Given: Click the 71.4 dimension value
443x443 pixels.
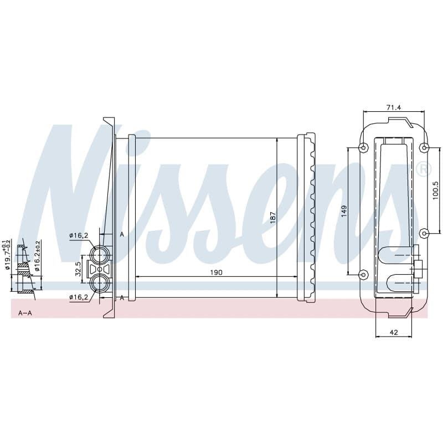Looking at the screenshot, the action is point(394,107).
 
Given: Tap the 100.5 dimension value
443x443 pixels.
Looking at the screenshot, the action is point(435,190).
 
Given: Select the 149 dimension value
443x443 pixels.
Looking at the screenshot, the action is point(344,211).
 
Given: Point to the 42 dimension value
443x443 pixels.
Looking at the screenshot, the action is point(394,333).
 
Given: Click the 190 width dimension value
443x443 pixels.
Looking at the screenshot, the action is point(216,272).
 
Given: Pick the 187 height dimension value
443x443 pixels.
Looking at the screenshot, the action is point(272,218).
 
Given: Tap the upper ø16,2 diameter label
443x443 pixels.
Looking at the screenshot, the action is point(79,235).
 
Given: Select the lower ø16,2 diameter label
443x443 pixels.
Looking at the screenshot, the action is point(79,297).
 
